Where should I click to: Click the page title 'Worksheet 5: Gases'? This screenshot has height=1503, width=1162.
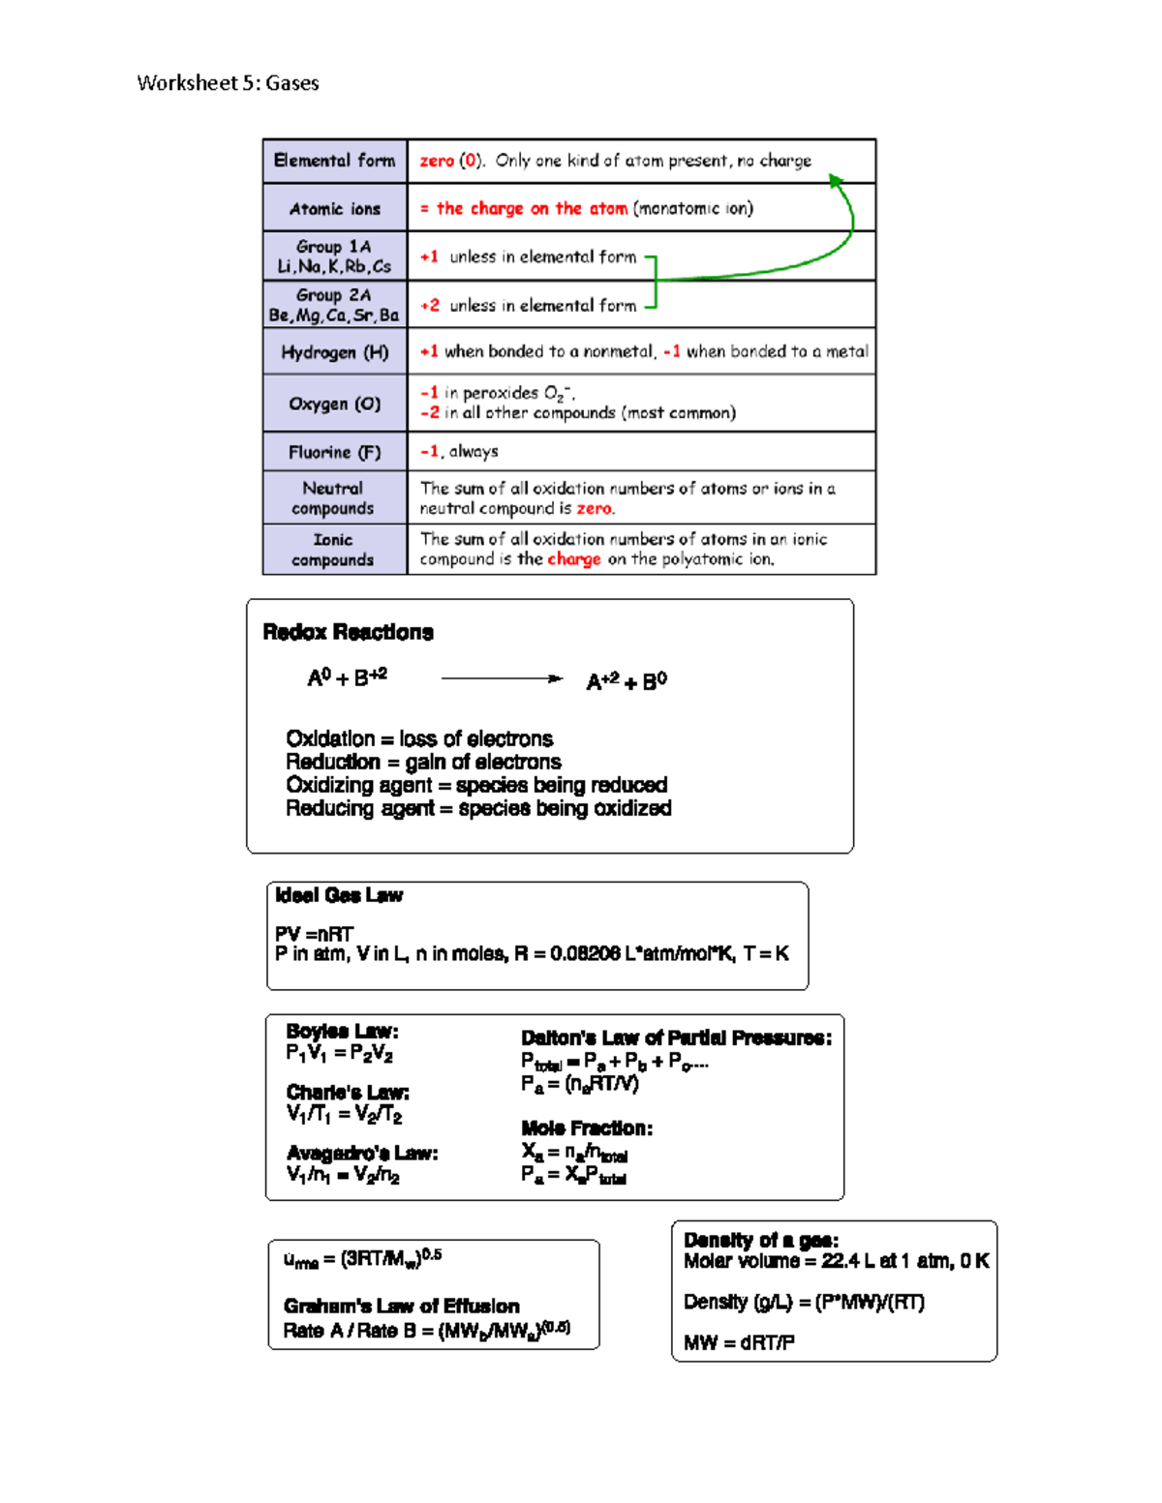[228, 83]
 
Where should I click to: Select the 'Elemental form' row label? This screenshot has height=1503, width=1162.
[334, 161]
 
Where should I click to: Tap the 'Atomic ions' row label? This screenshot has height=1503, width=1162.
[334, 209]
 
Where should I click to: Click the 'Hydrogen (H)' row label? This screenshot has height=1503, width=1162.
[334, 352]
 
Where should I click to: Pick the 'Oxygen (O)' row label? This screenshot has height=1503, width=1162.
[334, 404]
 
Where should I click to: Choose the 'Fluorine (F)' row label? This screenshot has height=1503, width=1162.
[334, 452]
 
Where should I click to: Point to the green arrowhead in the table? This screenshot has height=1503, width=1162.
[836, 181]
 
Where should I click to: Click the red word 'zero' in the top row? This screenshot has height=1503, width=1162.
[436, 161]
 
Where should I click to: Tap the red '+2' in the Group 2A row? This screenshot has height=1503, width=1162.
[429, 306]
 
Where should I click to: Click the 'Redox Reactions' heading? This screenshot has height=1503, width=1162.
[348, 632]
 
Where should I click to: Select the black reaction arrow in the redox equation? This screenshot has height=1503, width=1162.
[501, 678]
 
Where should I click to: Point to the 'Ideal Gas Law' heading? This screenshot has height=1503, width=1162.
[338, 895]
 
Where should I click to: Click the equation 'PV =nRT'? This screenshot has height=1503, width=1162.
[314, 934]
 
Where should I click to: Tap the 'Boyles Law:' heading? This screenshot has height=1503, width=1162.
[342, 1031]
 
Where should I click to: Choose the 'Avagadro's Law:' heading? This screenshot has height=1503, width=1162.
[362, 1153]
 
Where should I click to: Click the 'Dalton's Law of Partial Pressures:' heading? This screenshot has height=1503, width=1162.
[676, 1037]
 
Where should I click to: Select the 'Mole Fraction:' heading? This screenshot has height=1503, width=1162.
[587, 1127]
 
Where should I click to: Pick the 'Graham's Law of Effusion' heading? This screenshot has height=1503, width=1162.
[401, 1306]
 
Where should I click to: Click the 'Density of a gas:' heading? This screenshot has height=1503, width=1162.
[761, 1240]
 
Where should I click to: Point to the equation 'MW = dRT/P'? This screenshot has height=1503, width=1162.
[739, 1342]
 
